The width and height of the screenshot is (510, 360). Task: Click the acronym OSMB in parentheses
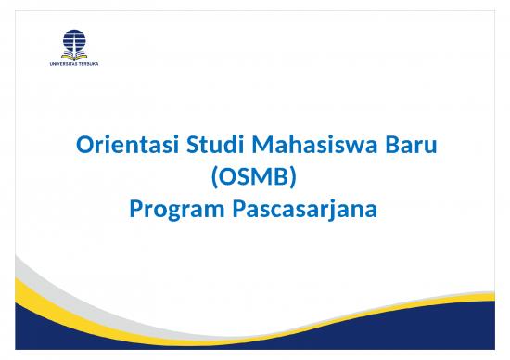tap(255, 178)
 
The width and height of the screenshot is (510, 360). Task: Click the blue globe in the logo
tap(72, 40)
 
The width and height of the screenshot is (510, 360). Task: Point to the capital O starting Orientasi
tap(82, 147)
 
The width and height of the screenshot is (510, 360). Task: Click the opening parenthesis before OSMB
tap(215, 178)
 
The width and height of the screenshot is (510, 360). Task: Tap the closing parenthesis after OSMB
tap(294, 178)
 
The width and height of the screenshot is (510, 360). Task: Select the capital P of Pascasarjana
tap(231, 210)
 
